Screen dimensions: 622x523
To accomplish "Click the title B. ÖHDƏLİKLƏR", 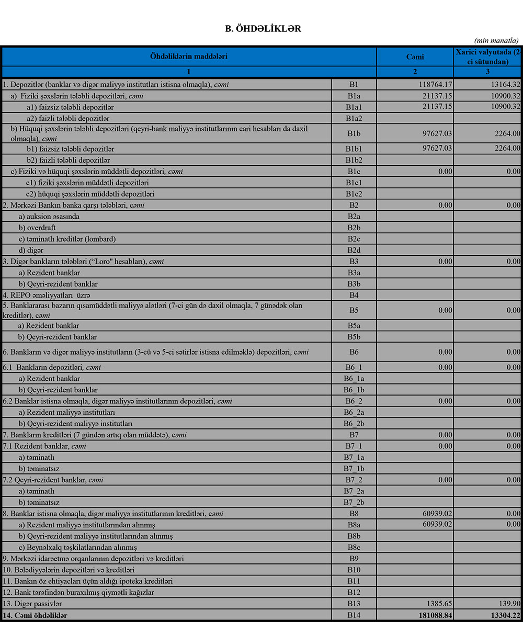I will point(263,29).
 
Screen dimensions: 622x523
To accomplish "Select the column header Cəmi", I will point(415,56).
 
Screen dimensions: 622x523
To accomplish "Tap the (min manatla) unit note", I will point(496,40).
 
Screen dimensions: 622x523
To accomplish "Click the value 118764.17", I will point(435,84).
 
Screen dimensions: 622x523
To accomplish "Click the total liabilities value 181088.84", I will point(432,616).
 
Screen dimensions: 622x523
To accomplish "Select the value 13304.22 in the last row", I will point(501,616).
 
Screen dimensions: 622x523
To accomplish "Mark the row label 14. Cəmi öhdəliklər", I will point(36,616).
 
